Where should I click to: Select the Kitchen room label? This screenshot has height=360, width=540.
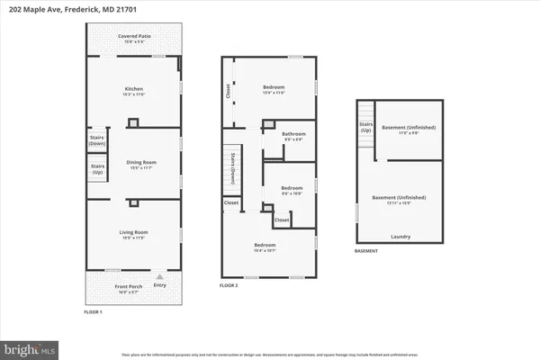click(133, 89)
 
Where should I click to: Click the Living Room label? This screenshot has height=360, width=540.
click(133, 234)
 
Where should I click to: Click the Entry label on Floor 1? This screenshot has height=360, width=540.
click(160, 286)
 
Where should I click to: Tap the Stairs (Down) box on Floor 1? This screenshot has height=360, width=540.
click(97, 140)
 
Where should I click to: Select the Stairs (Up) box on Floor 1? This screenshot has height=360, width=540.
click(97, 167)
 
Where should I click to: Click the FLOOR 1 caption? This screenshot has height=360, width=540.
click(87, 311)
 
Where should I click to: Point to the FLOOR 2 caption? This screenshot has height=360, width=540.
click(230, 284)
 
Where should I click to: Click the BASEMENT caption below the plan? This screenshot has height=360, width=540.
click(366, 251)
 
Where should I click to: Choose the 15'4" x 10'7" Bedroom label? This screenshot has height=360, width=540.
click(265, 246)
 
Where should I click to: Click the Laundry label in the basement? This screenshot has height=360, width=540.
click(401, 238)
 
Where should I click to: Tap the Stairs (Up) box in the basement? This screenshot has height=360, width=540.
click(366, 128)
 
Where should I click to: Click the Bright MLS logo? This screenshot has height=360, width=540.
click(31, 346)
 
